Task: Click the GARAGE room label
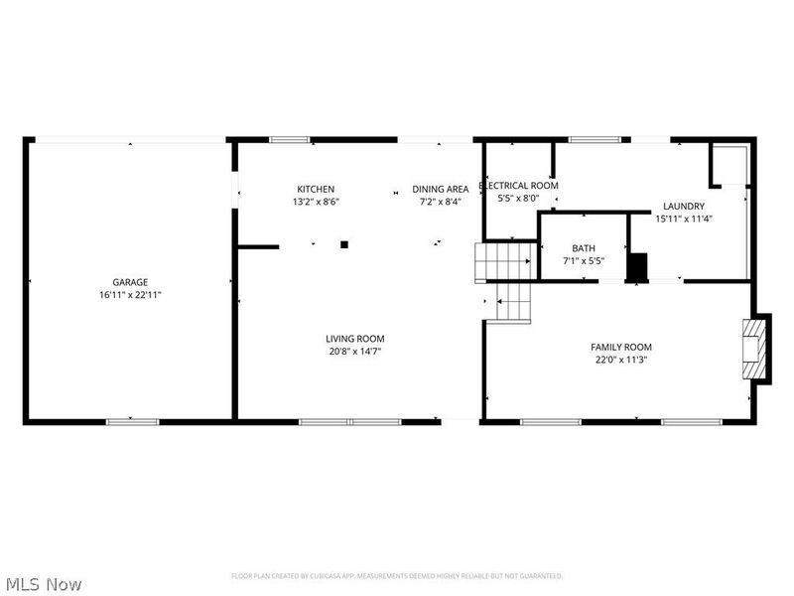tap(130, 282)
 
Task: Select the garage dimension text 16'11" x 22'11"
tap(130, 295)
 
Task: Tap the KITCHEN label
tap(316, 189)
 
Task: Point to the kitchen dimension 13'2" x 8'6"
tap(316, 202)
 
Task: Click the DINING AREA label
tap(441, 189)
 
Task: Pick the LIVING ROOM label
tap(354, 338)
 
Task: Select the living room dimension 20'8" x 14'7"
tap(354, 351)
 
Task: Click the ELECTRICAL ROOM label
tap(518, 186)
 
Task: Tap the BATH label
tap(584, 248)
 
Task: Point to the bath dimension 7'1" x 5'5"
tap(584, 261)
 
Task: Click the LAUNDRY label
tap(684, 207)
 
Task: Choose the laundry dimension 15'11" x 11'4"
tap(684, 220)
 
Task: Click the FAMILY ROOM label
tap(621, 347)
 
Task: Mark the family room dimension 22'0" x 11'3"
tap(621, 360)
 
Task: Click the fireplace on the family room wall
tap(756, 349)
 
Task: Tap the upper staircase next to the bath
tap(504, 261)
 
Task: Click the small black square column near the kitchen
tap(344, 243)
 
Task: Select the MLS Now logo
tap(44, 584)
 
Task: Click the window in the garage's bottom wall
tap(132, 421)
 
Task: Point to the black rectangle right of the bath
tap(638, 266)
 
